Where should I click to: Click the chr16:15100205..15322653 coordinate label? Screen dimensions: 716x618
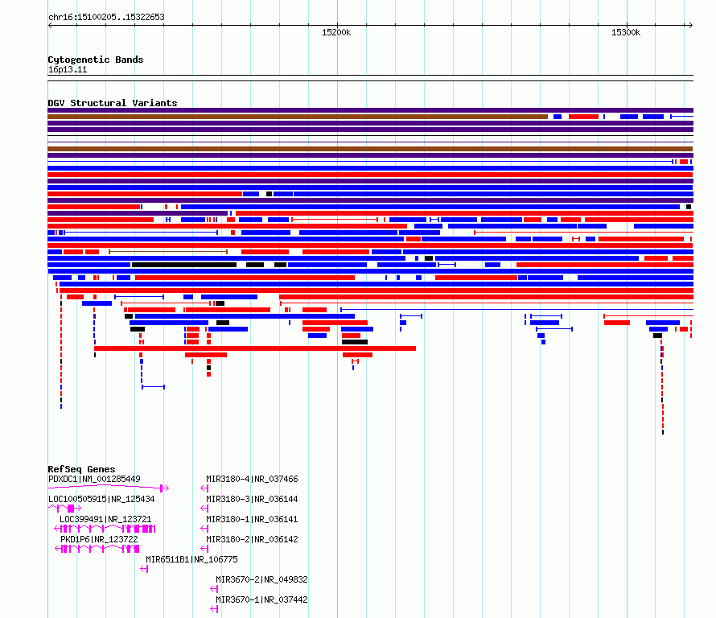(x=106, y=18)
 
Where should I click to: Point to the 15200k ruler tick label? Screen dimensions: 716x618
(x=336, y=32)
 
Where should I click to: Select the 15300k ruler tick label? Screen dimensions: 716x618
(x=626, y=32)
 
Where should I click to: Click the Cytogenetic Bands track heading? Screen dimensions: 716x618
(x=96, y=60)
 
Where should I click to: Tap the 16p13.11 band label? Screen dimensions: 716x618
(x=68, y=69)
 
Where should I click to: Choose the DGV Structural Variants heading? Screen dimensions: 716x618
(x=113, y=103)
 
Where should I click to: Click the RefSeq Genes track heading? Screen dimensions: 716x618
(x=81, y=469)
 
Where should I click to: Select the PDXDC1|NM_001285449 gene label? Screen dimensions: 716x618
(x=94, y=479)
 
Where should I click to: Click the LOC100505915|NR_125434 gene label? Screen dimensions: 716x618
(x=101, y=499)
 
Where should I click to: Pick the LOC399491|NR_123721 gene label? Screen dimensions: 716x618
(x=105, y=519)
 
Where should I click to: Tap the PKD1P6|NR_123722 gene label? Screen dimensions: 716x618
(x=99, y=539)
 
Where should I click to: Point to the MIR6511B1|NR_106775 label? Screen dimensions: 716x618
(x=191, y=559)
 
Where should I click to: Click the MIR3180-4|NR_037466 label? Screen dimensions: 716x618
(x=252, y=479)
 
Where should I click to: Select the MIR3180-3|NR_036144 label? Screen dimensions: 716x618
(x=252, y=499)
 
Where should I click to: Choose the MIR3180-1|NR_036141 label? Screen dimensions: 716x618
(x=252, y=519)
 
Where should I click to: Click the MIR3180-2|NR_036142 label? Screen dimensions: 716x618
(x=252, y=539)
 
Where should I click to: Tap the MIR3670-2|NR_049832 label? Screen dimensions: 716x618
(x=261, y=579)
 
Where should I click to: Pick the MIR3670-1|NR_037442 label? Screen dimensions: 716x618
(x=261, y=599)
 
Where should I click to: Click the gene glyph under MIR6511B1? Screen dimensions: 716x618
(x=144, y=569)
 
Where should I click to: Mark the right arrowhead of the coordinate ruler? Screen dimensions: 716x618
(x=691, y=25)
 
